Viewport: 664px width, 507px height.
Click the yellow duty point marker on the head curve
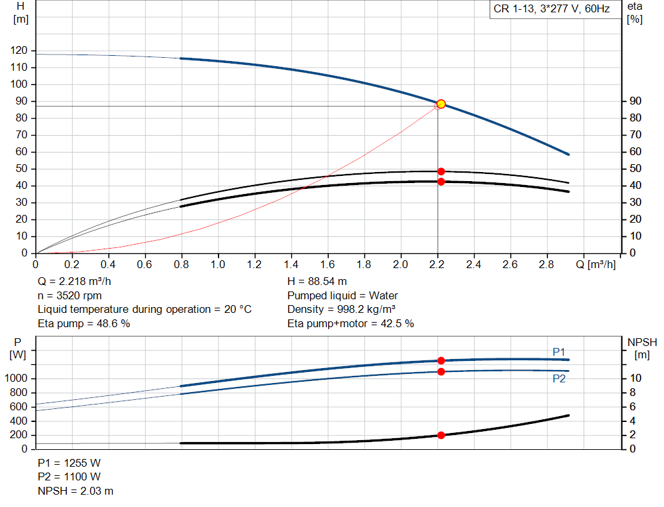[x=441, y=104]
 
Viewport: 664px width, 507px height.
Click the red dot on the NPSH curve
[x=441, y=435]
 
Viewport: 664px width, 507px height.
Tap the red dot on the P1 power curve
[x=441, y=360]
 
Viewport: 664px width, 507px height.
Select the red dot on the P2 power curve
[x=441, y=371]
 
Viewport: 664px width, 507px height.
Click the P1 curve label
[x=559, y=352]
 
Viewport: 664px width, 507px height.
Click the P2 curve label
[x=559, y=378]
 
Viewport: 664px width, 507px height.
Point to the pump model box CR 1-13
[x=552, y=9]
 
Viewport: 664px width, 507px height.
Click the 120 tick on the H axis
[x=19, y=51]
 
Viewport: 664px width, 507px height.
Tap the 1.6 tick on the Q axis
[x=327, y=264]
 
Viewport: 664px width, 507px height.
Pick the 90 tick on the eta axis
[x=635, y=101]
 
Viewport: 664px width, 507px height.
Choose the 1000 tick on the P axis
[x=16, y=378]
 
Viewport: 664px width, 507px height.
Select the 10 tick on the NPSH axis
[x=635, y=378]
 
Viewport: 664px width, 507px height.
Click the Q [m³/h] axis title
[x=595, y=264]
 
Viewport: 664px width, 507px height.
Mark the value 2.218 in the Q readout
[x=75, y=282]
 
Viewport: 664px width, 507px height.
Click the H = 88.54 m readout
[x=316, y=282]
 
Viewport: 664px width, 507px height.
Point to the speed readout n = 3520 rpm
[x=69, y=295]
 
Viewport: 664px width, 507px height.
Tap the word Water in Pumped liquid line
[x=383, y=295]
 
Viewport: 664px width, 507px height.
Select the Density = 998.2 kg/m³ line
[x=341, y=310]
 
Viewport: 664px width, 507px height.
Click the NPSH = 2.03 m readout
[x=75, y=491]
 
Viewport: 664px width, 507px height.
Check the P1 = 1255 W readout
[x=69, y=463]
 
